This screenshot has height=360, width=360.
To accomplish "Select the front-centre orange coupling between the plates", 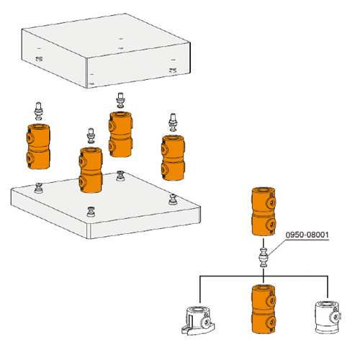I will click(x=91, y=170).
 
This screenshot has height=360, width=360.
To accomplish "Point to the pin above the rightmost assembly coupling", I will click(x=173, y=120).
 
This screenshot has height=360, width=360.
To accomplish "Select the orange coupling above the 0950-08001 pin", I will click(x=264, y=212).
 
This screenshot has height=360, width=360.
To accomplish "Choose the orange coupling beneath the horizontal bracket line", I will click(x=264, y=310).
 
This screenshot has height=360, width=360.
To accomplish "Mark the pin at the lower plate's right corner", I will click(x=172, y=197).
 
